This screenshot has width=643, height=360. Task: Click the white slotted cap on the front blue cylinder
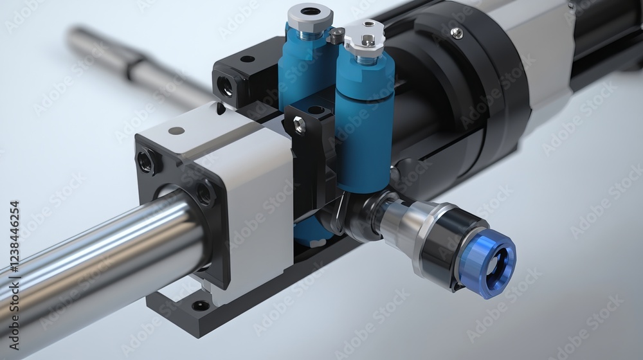[x=365, y=37]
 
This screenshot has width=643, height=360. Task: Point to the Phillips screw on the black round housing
[x=456, y=33]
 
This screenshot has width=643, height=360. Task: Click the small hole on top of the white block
[x=176, y=130]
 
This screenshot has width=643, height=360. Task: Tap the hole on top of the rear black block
[x=247, y=59]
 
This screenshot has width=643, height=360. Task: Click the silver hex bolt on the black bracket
[x=300, y=126]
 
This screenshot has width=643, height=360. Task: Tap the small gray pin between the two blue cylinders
[x=336, y=36]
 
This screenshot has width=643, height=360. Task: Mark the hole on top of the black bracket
[x=316, y=110]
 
